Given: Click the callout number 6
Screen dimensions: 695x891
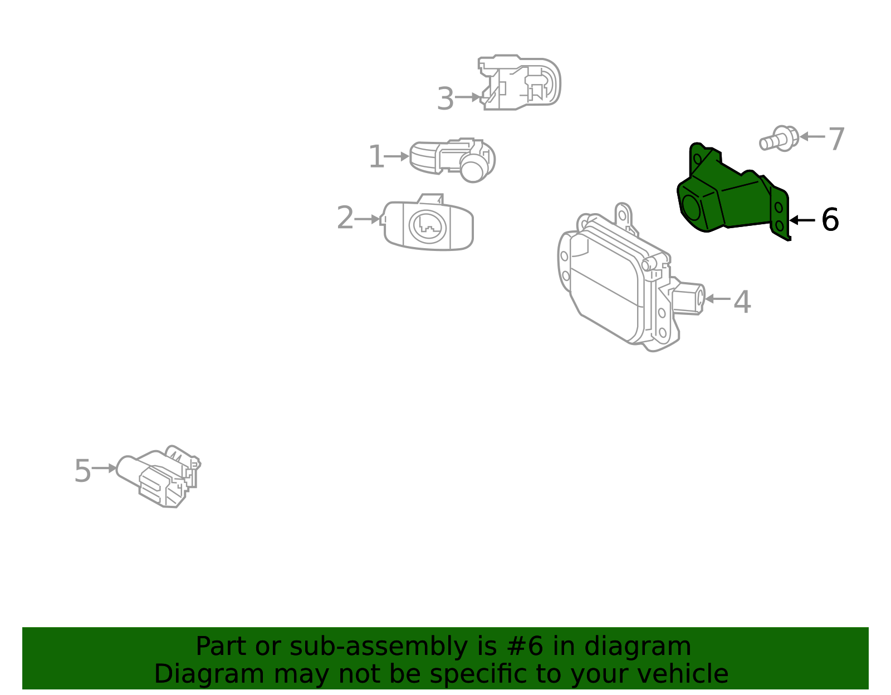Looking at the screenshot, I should (830, 220).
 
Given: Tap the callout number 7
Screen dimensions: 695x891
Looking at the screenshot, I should (836, 139).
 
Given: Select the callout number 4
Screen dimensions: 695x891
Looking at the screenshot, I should (742, 302).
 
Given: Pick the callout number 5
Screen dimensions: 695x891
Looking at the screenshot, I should (82, 471).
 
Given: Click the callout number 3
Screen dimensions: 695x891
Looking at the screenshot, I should (445, 99).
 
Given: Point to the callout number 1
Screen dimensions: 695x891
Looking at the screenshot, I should (376, 157).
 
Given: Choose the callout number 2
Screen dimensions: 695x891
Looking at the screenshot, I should (345, 218).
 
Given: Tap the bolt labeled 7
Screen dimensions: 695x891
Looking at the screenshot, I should (779, 139).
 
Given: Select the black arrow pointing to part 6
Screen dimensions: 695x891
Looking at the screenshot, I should (802, 220).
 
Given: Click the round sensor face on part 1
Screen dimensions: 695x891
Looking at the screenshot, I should (474, 170).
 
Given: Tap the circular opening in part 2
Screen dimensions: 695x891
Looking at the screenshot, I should (428, 226).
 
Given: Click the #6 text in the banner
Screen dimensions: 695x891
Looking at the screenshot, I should (523, 647).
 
